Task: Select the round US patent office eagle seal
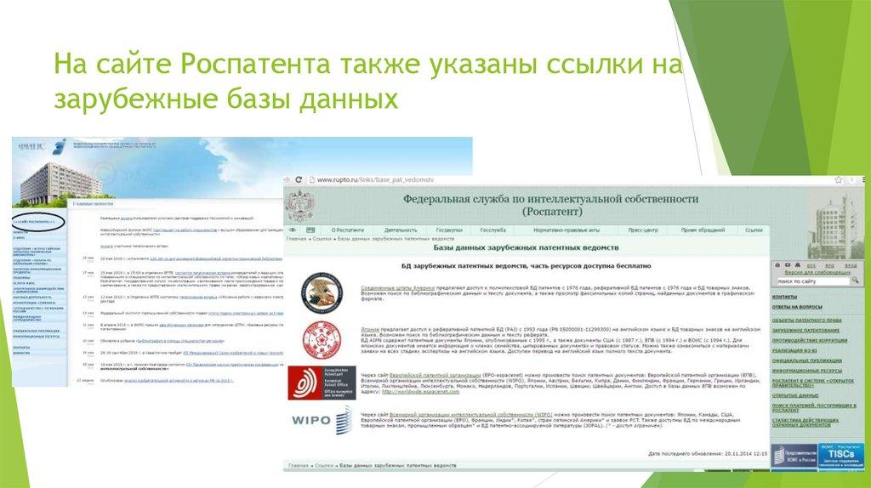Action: coord(322,291)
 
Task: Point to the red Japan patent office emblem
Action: coord(322,338)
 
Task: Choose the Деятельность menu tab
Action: coord(401,230)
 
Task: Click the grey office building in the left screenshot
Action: coord(38,174)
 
